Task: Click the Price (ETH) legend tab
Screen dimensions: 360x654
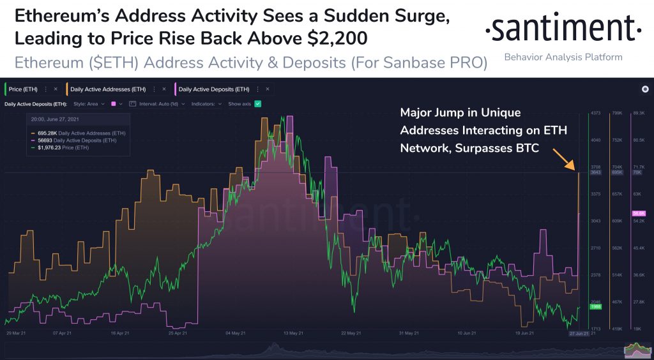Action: point(23,89)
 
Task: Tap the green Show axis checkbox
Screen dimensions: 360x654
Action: point(258,103)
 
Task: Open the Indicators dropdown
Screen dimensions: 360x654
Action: point(206,103)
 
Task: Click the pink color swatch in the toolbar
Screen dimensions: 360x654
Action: point(113,103)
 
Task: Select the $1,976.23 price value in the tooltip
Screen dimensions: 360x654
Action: point(45,147)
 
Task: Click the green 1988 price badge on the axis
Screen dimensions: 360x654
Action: point(595,306)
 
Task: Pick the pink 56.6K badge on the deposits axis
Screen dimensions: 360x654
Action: point(639,213)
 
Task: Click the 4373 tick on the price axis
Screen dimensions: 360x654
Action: point(595,113)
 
